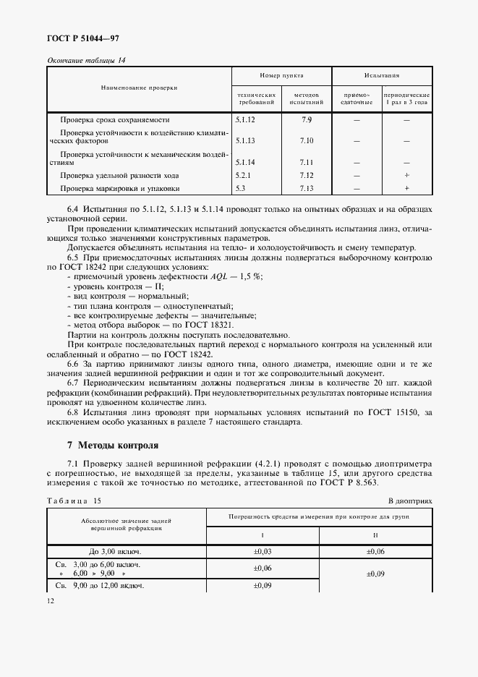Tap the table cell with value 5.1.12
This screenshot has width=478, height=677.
[246, 119]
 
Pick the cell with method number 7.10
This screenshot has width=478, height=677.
[306, 140]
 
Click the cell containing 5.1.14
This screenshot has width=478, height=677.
[246, 162]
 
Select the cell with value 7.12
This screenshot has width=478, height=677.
[306, 175]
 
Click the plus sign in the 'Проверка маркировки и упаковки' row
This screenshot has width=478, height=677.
[406, 188]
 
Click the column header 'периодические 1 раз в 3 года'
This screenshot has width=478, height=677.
[406, 98]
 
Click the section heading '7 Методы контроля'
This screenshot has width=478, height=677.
[107, 444]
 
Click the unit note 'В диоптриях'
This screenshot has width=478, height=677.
[409, 500]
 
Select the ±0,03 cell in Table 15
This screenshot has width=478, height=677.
[263, 551]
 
